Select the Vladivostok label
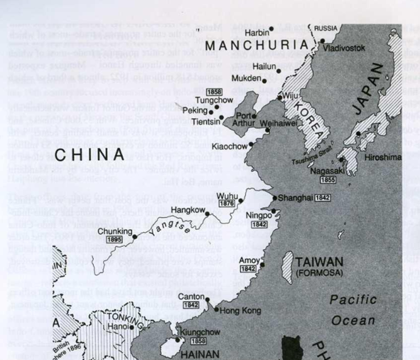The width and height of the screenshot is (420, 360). (345, 48)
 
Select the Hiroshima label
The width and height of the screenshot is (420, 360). (384, 157)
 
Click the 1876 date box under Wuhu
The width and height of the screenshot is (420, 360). (227, 203)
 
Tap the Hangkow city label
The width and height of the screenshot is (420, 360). (188, 211)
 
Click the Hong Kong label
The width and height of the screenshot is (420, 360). (241, 311)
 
